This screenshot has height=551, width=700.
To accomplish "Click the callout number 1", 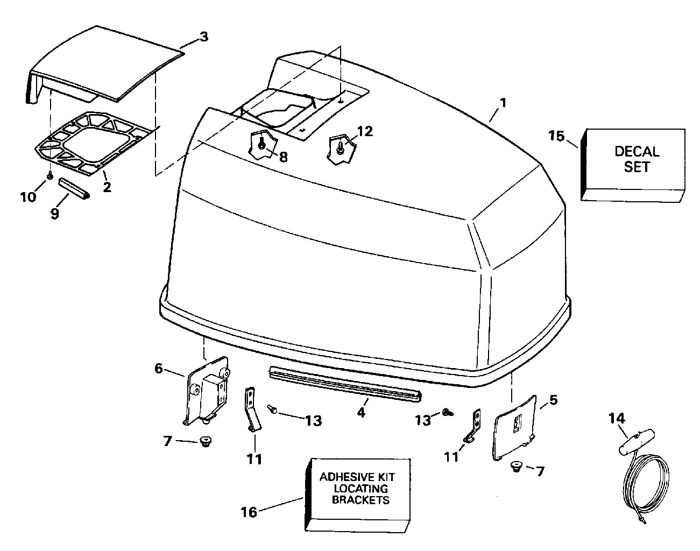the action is coord(503,103).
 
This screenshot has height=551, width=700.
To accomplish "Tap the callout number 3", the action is coord(204,37).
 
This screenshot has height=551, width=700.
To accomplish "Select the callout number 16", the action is coord(249,512).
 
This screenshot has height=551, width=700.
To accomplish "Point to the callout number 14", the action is coord(617,418).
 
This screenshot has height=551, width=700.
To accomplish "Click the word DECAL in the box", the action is coord(637,152).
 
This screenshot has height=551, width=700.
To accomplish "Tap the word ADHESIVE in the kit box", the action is coord(342,477).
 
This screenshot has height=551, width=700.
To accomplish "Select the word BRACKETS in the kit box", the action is coord(360,500).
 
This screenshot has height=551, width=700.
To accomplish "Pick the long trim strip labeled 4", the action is coord(345,384).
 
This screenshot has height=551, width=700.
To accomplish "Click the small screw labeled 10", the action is coord(50,176).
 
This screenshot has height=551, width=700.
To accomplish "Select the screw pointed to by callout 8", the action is coord(261,144).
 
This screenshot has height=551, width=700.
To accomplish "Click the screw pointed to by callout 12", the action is coord(340,147).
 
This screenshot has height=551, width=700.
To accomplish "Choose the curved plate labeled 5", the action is coord(514,428).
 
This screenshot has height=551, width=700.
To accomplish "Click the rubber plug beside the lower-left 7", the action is coord(205,442).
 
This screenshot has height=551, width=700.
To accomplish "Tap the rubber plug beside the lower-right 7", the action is coord(516,467).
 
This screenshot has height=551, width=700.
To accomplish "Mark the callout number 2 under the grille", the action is coord(107,187).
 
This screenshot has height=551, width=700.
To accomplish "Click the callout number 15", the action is coord(556,136).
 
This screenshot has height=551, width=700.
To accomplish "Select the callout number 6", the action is coord(158,369).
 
